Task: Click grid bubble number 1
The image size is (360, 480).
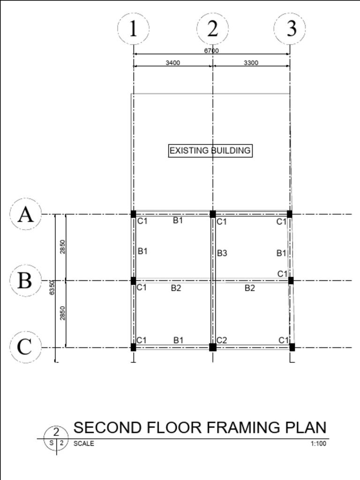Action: [x=133, y=29]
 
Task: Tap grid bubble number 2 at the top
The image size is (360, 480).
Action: [x=212, y=29]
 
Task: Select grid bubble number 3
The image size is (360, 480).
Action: [x=290, y=29]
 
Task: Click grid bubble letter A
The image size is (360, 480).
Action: [x=26, y=214]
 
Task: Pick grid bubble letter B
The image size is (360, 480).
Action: [x=25, y=281]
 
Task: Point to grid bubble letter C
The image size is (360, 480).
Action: [x=25, y=347]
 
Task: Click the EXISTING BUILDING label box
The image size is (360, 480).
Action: [x=210, y=150]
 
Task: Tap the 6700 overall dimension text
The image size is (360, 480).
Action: [x=211, y=51]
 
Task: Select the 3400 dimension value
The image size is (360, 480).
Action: [x=172, y=63]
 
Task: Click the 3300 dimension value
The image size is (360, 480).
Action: [x=251, y=63]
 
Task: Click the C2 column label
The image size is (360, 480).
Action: [x=222, y=340]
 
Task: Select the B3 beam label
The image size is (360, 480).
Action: [x=222, y=254]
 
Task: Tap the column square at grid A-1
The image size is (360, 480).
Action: [x=134, y=214]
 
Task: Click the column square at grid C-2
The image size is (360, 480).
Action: [x=213, y=347]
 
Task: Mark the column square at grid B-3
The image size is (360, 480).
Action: [x=291, y=281]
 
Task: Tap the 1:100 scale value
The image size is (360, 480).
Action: [x=318, y=443]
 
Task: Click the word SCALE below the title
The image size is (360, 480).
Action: [x=83, y=443]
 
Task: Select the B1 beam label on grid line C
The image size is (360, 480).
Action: [x=179, y=340]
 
